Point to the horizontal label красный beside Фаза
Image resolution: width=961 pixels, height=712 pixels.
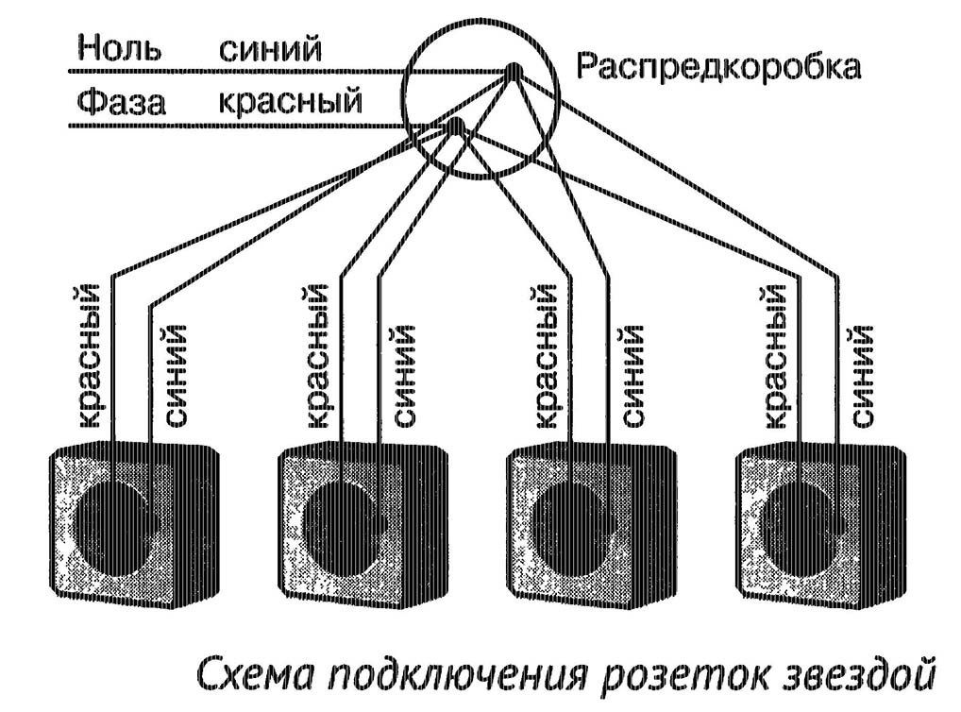tap(289, 101)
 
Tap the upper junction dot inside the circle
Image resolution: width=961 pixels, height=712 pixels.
tap(513, 71)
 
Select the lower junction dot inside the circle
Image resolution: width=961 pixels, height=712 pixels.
tap(455, 125)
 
